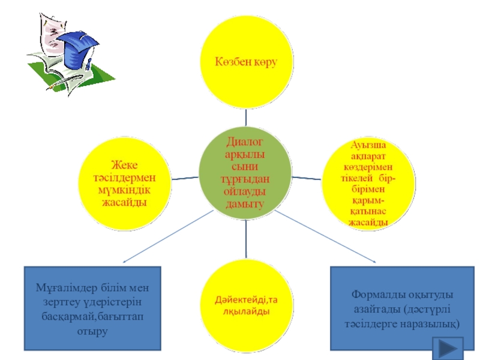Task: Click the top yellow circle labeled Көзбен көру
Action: point(245,62)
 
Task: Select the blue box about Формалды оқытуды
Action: point(397,308)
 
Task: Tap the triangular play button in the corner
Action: point(448,349)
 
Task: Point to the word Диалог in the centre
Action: point(244,142)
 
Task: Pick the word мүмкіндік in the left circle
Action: point(125,191)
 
